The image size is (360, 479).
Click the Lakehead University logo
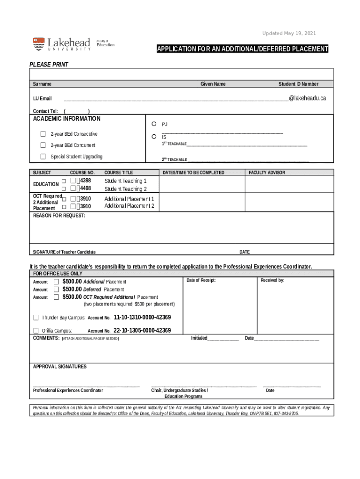62,44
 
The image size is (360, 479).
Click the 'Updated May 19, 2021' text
289,34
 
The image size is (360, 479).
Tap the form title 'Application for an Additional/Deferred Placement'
242,49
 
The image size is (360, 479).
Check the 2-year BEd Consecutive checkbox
43,134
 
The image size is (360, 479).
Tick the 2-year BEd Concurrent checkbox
43,145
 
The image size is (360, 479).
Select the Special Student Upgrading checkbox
43,157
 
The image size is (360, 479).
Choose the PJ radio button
154,124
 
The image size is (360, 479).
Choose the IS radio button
154,137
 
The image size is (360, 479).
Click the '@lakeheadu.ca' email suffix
307,98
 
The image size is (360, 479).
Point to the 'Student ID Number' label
298,84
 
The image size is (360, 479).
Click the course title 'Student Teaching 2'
125,189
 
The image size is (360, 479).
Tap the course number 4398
85,181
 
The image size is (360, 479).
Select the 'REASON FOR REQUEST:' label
59,216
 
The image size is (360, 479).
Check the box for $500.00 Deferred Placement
56,290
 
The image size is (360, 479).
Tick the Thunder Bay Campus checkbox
36,318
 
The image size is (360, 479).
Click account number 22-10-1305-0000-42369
142,331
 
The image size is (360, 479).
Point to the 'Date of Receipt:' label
201,280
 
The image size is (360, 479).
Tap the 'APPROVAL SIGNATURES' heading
59,367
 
